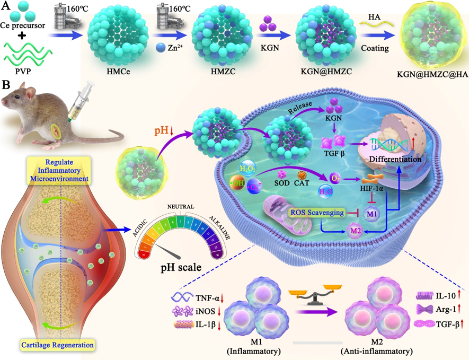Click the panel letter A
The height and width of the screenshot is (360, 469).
tap(7, 7)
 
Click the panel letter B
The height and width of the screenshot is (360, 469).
tap(7, 84)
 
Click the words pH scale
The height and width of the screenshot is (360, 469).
tap(181, 268)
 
